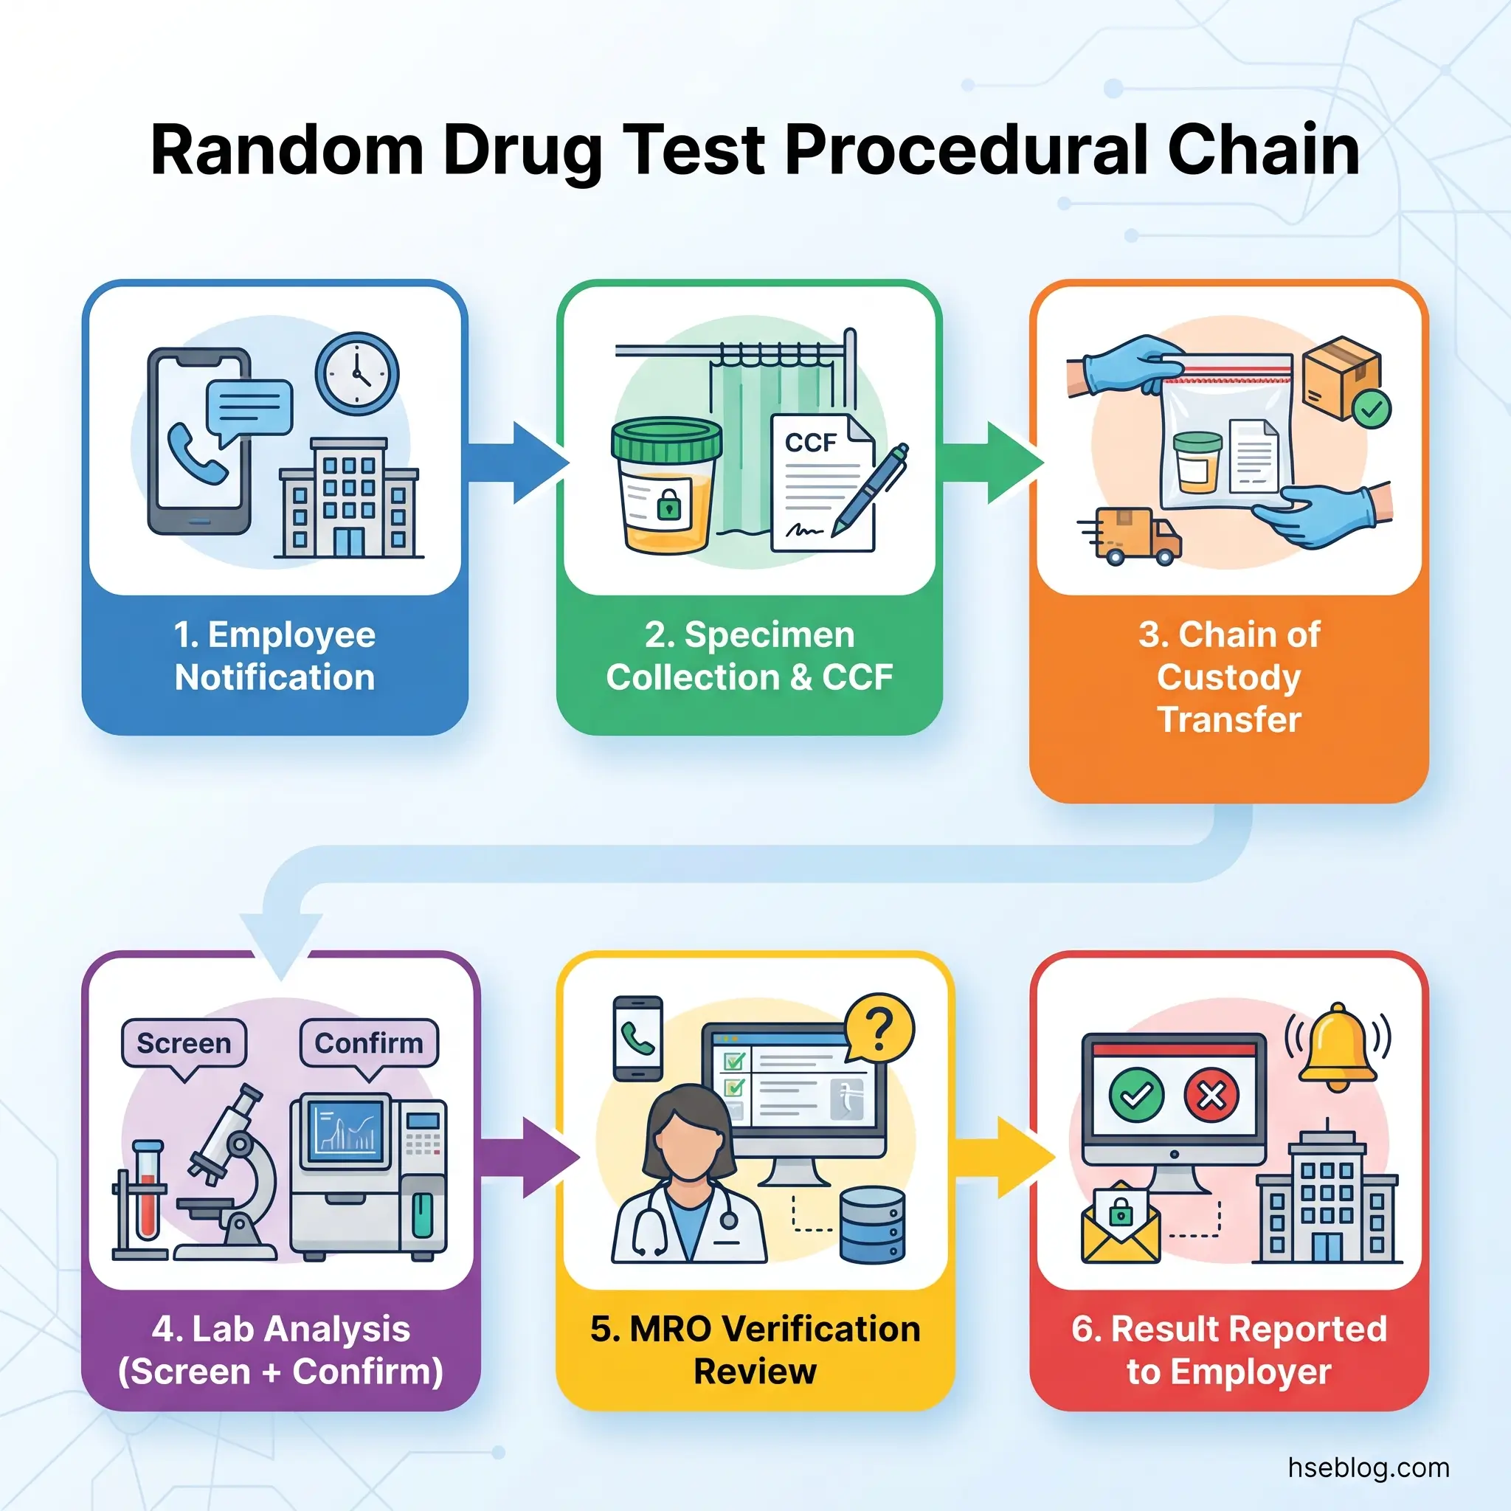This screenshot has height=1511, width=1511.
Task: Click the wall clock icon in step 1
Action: pyautogui.click(x=356, y=374)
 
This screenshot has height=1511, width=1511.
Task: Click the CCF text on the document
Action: pyautogui.click(x=811, y=443)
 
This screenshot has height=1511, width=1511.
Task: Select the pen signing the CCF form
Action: pyautogui.click(x=869, y=491)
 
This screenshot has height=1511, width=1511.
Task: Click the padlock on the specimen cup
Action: pyautogui.click(x=668, y=505)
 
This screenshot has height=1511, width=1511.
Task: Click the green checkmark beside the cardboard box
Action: pyautogui.click(x=1372, y=409)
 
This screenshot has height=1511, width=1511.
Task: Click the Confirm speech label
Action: pyautogui.click(x=368, y=1043)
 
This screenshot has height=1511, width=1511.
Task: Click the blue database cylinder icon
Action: pyautogui.click(x=872, y=1225)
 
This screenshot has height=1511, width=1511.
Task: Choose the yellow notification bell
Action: pyautogui.click(x=1338, y=1046)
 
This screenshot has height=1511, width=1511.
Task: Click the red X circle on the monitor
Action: pyautogui.click(x=1211, y=1096)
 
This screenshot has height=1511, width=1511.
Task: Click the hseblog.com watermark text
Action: pyautogui.click(x=1368, y=1468)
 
